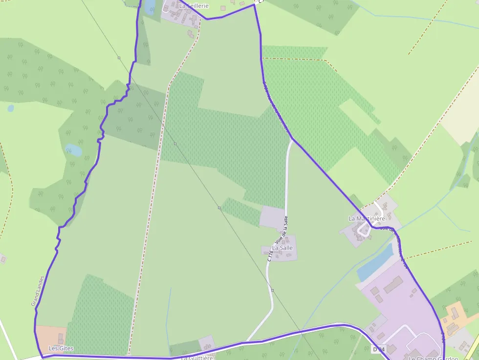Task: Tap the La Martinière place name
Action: coord(367,218)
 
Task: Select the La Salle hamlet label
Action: coord(283,248)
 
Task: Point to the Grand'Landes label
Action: coord(38,291)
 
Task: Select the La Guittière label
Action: coord(197,358)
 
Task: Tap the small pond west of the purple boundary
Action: coord(74,150)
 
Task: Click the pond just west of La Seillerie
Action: coord(150,5)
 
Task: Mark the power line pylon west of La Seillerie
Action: coord(119,58)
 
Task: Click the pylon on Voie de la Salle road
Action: coord(272,290)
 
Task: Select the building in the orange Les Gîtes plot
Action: coord(61,338)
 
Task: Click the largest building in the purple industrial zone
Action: coord(392,284)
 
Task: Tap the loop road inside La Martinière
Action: coord(364,230)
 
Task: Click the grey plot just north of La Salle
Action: coord(272,217)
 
